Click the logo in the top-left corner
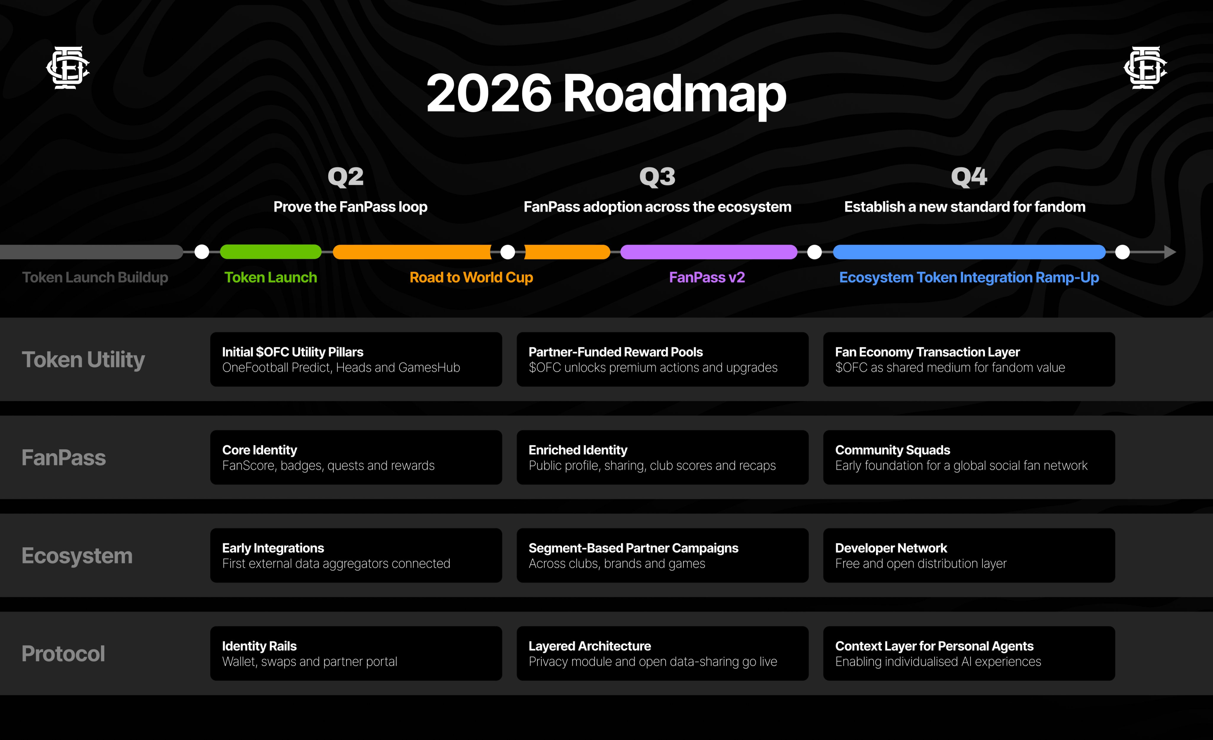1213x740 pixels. [68, 67]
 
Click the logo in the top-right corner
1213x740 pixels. [1145, 67]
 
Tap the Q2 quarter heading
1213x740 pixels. [346, 177]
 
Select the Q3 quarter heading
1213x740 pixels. [657, 177]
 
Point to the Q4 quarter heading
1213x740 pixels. [969, 177]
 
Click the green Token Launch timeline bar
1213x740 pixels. [271, 252]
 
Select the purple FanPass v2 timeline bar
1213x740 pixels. [709, 252]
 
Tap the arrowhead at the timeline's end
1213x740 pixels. [1170, 252]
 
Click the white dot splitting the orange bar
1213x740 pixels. [507, 252]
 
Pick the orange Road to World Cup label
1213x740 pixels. [471, 278]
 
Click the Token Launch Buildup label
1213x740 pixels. [95, 278]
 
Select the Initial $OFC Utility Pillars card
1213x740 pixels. [356, 359]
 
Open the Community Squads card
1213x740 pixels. [969, 457]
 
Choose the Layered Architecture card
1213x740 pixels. [662, 654]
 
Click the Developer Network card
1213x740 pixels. [969, 555]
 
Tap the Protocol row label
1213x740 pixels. [64, 654]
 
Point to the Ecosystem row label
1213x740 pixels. [77, 556]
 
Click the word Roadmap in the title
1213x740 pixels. [674, 93]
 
